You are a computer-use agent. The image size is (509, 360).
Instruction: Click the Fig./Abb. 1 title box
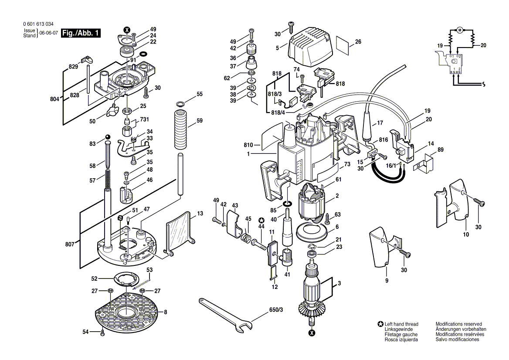coord(81,33)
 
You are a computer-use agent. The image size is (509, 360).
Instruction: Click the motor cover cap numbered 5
coord(311,44)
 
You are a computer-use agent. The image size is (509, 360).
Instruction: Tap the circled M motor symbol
coord(459,30)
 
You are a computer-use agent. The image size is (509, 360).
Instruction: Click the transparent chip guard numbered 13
coord(179,234)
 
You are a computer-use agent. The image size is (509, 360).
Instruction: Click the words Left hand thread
coord(401,324)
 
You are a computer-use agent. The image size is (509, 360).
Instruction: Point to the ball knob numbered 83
coord(108,139)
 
